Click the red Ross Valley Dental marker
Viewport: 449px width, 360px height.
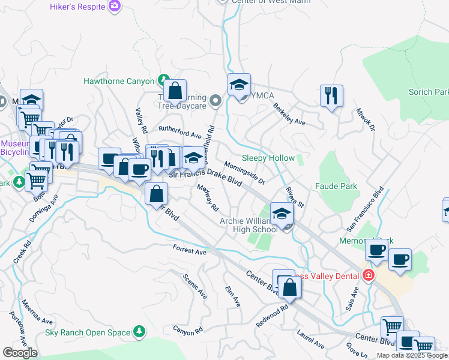click(368, 275)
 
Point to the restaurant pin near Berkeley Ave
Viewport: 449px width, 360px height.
click(331, 95)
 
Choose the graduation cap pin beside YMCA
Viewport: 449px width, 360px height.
click(239, 85)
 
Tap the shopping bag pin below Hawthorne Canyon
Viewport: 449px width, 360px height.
click(175, 91)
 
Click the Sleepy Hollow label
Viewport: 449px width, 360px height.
click(268, 158)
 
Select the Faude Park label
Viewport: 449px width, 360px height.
click(336, 187)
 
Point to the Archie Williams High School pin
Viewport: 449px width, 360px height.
click(282, 214)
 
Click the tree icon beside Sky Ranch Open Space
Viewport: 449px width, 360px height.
click(139, 332)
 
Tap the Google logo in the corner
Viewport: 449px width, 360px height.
click(20, 352)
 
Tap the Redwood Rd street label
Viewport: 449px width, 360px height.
click(272, 314)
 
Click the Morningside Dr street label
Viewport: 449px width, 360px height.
click(244, 173)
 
